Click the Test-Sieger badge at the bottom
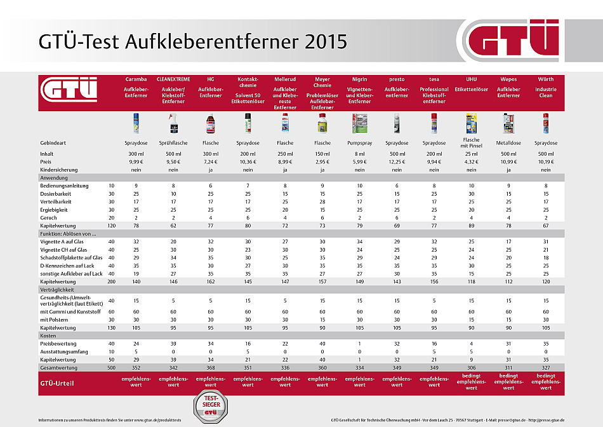(x=209, y=405)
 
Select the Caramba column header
(x=136, y=80)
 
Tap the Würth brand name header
(x=545, y=80)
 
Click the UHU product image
(x=471, y=122)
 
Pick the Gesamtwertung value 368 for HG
(x=211, y=367)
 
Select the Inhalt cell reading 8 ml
(x=359, y=153)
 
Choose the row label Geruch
(x=48, y=217)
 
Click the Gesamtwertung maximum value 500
(x=111, y=367)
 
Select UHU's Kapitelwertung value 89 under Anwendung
(x=471, y=226)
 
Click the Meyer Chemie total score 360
(x=322, y=367)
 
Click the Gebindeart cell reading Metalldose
(x=508, y=143)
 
